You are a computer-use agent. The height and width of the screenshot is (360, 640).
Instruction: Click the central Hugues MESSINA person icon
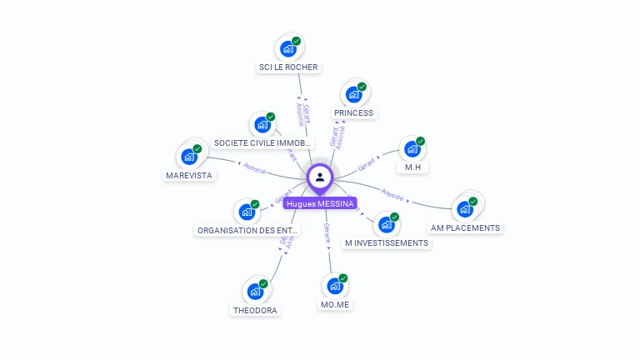click(320, 177)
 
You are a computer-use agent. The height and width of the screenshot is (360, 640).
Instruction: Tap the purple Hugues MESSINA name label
click(320, 203)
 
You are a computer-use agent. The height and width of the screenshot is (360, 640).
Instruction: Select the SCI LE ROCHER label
click(288, 67)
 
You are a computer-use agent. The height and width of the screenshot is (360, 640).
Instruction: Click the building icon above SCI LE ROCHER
click(288, 48)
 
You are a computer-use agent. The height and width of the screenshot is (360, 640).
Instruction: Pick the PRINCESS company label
click(353, 112)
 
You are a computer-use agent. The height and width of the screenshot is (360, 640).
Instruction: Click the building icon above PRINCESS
click(354, 94)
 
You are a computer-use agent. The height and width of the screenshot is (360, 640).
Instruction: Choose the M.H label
click(412, 167)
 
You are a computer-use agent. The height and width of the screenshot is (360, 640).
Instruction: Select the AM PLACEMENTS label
click(465, 227)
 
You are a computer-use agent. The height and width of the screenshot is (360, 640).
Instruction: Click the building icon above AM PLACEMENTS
click(464, 209)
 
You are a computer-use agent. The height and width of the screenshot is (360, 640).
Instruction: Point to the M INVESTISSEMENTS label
click(386, 243)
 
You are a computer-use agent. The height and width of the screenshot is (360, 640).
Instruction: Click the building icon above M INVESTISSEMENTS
click(386, 225)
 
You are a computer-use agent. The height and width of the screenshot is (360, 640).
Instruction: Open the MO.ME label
click(335, 304)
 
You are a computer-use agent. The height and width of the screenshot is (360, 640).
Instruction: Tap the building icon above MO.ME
click(335, 286)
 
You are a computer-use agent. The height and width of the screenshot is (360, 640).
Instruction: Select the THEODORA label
click(255, 310)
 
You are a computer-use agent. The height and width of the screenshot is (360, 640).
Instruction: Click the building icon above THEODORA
click(255, 292)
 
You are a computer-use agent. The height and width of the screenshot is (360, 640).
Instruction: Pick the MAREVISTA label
click(189, 175)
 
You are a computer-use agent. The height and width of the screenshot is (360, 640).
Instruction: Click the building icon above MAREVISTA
click(189, 157)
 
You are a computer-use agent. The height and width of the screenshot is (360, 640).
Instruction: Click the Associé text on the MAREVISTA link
click(254, 168)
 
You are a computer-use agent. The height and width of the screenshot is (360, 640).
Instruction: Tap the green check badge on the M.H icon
click(420, 142)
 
